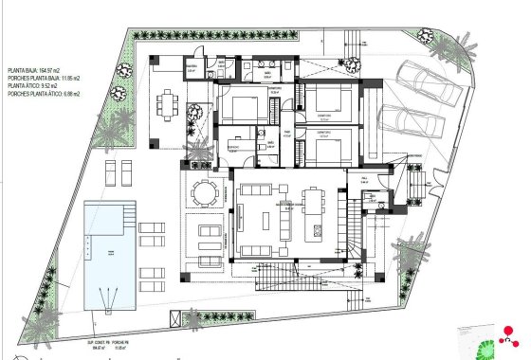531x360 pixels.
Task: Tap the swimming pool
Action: [106, 254]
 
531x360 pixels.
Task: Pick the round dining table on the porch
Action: [204, 192]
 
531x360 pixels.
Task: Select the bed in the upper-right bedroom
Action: [326, 100]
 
